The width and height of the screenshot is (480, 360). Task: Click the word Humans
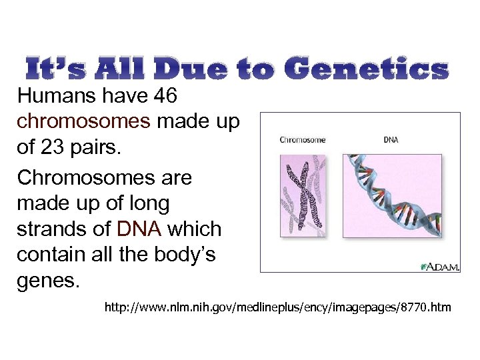click(x=57, y=97)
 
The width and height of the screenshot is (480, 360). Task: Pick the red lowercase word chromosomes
click(x=83, y=122)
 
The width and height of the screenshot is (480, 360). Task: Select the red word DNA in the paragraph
click(x=139, y=229)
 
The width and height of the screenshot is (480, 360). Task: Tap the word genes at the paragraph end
click(x=48, y=280)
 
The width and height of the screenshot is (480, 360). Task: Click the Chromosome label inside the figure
click(x=303, y=140)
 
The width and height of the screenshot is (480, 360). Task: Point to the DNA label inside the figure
click(x=390, y=140)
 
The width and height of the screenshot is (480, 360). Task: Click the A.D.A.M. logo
click(x=439, y=266)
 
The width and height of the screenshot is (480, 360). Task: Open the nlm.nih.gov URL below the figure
click(x=277, y=308)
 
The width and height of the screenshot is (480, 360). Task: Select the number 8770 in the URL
click(x=419, y=308)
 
